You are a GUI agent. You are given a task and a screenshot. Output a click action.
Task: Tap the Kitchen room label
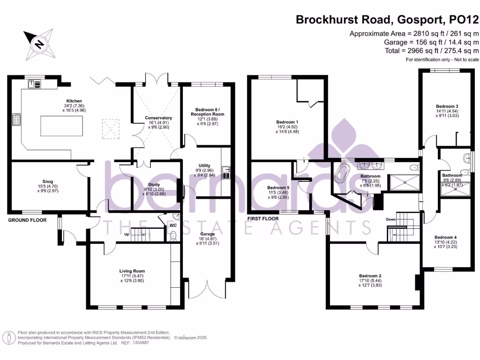74,101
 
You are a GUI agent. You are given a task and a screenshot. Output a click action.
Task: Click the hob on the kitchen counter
16,120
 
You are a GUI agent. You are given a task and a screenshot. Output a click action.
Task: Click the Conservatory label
158,118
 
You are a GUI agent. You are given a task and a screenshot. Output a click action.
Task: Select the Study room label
154,185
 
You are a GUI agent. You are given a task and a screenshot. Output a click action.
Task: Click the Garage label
208,234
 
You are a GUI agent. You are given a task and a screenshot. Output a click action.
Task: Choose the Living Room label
132,271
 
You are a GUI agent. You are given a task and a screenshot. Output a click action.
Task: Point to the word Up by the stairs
126,234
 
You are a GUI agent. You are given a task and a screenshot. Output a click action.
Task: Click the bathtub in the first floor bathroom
341,174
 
